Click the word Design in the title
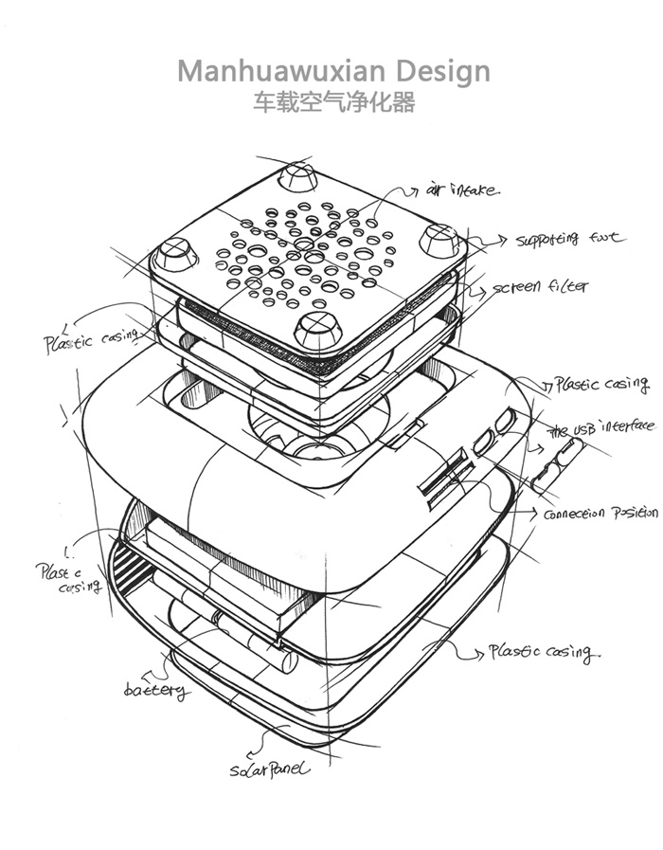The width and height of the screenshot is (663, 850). pos(443,70)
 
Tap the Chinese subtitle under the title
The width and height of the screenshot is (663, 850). pos(333,103)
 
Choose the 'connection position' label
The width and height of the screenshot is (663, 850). pos(599,513)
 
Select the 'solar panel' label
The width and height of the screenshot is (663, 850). pos(269,769)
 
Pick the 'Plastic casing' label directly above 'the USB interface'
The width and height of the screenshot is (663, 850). pos(600,385)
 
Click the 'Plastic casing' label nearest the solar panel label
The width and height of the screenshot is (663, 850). pos(541,652)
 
